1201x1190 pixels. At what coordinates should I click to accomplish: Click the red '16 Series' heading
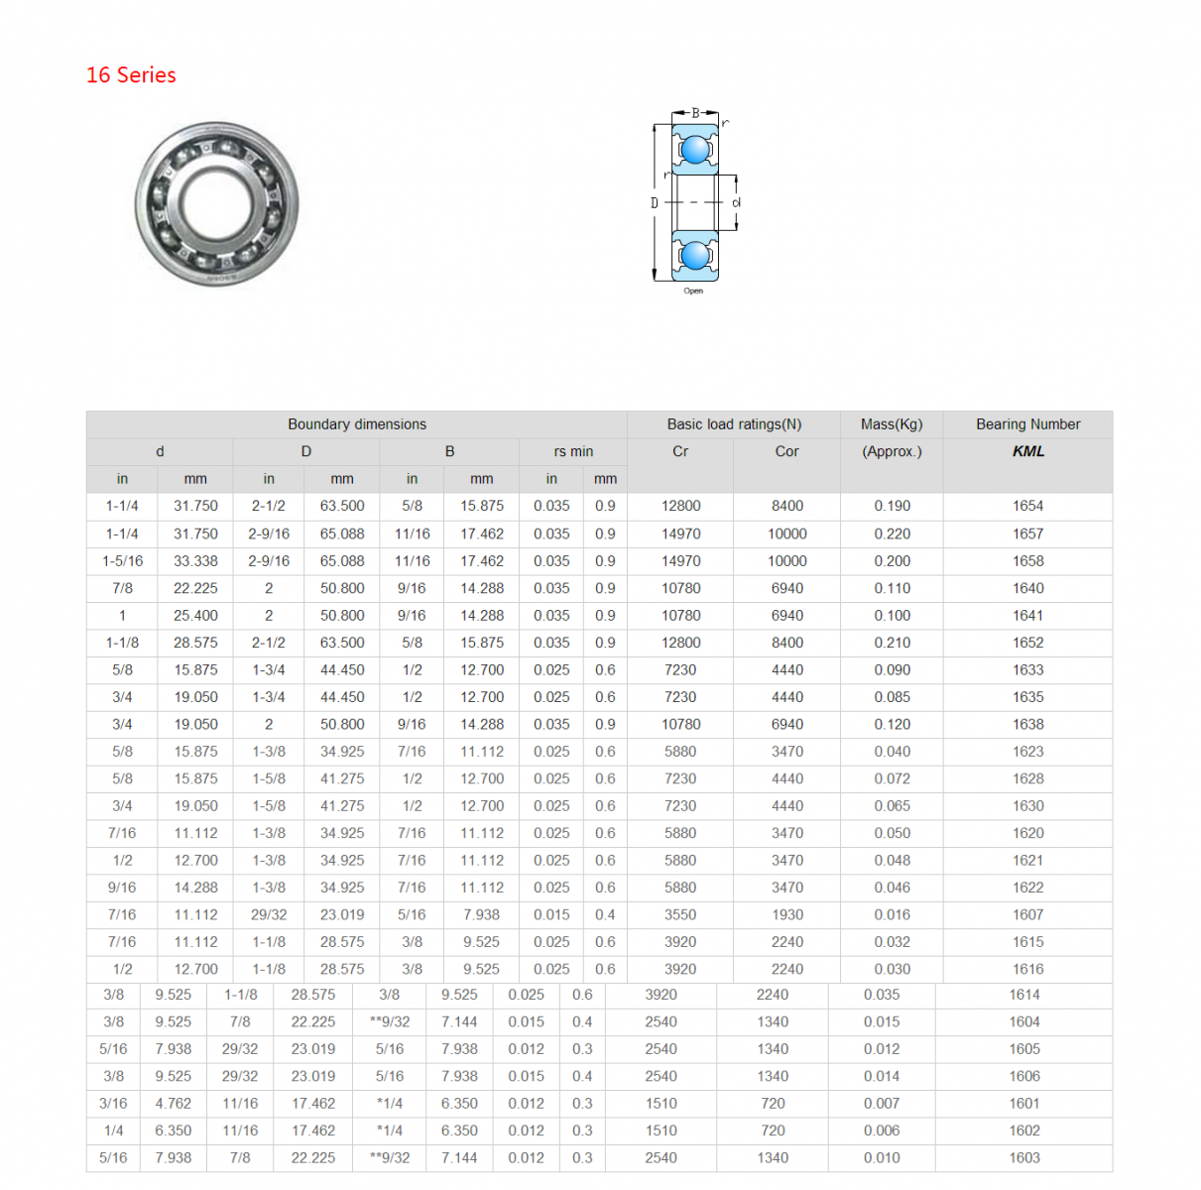(131, 74)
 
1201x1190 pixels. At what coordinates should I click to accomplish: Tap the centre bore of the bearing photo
(216, 202)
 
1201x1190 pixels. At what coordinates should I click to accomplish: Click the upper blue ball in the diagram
(695, 150)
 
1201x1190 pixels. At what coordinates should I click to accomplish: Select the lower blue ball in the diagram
(695, 256)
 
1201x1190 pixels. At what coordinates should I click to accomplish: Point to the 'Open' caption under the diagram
(693, 292)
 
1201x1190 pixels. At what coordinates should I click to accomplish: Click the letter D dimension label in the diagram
(655, 203)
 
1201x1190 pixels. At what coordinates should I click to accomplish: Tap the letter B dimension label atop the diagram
(695, 113)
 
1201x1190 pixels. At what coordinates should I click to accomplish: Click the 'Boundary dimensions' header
(357, 424)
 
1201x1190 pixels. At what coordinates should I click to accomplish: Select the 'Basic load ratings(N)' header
(734, 424)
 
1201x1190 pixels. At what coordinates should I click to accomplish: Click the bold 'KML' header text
(1027, 451)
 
